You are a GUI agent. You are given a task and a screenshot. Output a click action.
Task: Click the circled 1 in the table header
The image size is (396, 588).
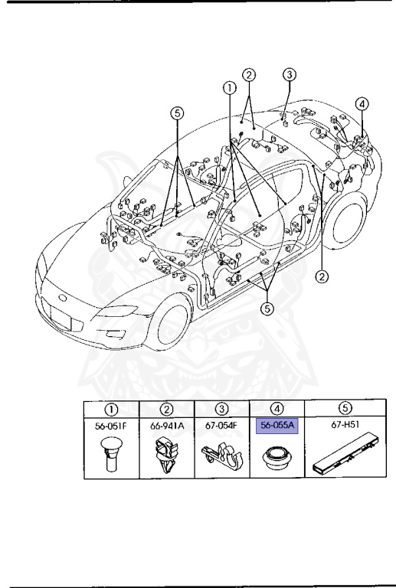tap(111, 409)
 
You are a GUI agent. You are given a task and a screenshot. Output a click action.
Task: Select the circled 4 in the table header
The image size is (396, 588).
tap(277, 409)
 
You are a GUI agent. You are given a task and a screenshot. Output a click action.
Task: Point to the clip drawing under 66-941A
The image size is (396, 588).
tap(166, 457)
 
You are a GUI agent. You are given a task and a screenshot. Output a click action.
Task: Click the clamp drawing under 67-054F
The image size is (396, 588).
tap(221, 459)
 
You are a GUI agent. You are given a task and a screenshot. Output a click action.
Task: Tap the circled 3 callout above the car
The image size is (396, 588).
tap(289, 75)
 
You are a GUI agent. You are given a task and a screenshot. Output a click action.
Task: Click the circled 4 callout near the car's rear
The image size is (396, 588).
tap(362, 104)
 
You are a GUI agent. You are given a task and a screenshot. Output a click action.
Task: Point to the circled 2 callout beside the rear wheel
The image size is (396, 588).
tap(323, 276)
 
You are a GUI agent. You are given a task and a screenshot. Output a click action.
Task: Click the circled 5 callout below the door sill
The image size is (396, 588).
tap(267, 309)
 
